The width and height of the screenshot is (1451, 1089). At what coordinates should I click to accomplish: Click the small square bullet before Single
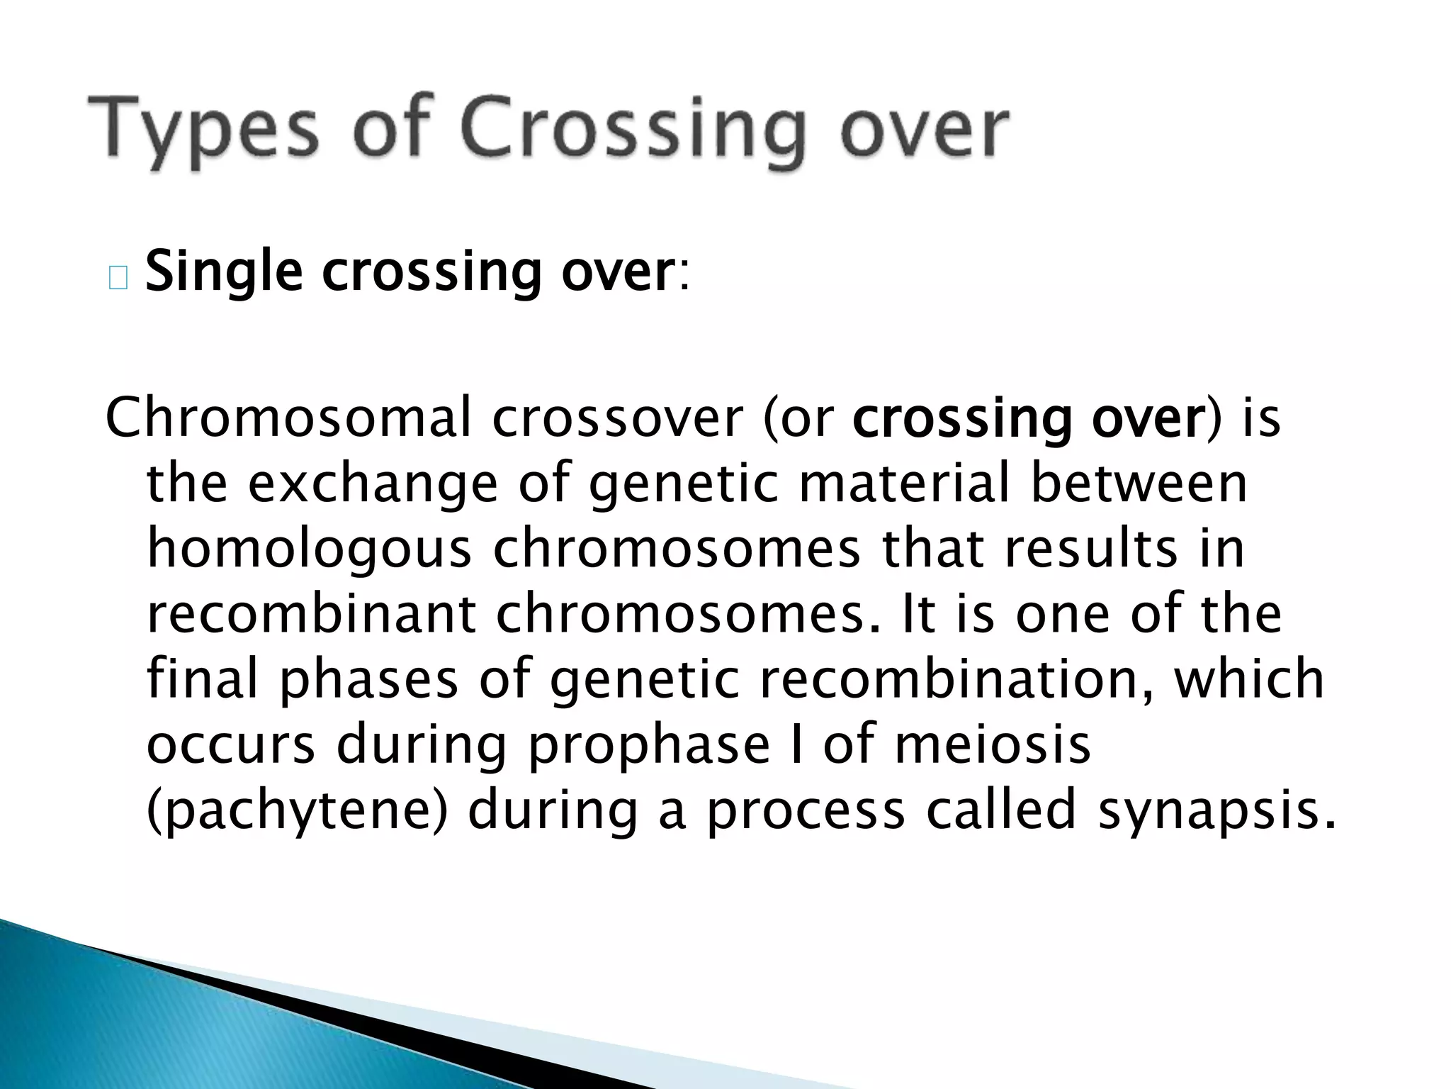[118, 279]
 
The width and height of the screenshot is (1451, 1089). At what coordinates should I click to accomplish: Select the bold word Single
[224, 273]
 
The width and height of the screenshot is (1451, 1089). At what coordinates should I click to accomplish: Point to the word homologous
[309, 550]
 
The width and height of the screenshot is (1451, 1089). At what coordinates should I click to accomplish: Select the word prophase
[649, 746]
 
